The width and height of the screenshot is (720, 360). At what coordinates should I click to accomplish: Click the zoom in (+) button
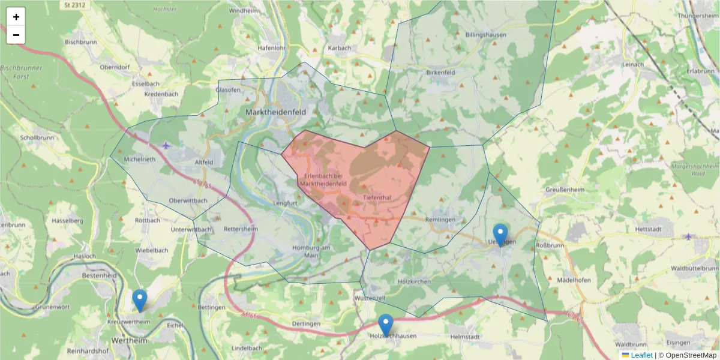pos(16,17)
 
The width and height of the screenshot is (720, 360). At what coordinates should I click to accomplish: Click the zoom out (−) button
pos(16,35)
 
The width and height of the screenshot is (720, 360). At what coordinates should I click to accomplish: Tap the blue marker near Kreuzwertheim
pos(139,300)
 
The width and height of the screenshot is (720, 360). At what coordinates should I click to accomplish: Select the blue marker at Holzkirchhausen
pos(385,324)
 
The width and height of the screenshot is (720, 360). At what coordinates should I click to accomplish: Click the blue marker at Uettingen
pos(500,234)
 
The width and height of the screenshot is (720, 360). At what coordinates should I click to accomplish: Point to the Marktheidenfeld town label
pos(275,112)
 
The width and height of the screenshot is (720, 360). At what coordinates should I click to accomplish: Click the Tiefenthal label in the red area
pos(377,197)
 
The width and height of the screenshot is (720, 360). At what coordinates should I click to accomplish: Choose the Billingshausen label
pos(486,35)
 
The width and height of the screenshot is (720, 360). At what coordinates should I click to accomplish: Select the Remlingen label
pos(440,220)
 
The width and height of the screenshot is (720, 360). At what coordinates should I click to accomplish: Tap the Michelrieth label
pos(139,160)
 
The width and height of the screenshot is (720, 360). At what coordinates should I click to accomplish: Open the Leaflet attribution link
pos(641,355)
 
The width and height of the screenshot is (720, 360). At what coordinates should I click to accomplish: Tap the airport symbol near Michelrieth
pos(166,146)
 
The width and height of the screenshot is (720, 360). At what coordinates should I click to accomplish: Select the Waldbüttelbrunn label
pos(695,268)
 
